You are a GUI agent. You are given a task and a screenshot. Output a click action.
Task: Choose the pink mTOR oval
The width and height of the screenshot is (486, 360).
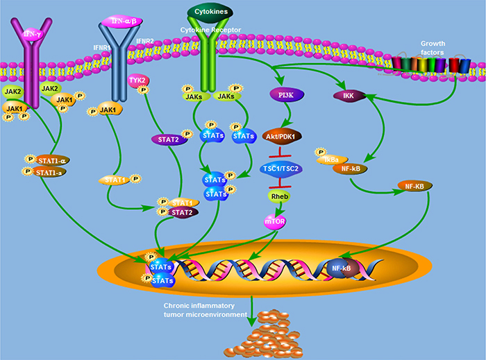click(275, 222)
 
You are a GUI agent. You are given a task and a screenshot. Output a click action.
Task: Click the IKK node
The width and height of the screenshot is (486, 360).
click(349, 96)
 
